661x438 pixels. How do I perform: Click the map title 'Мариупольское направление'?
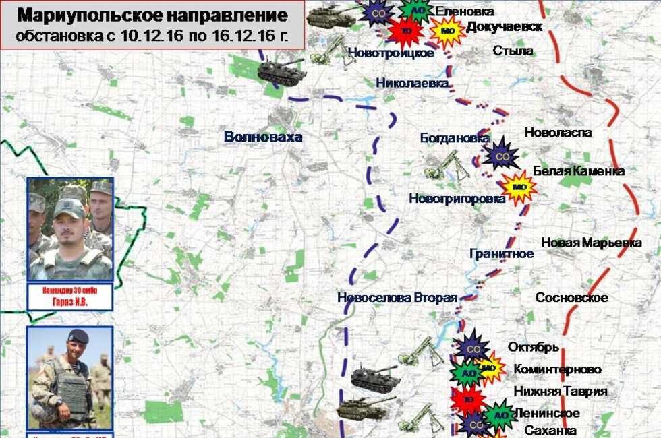pyautogui.click(x=152, y=15)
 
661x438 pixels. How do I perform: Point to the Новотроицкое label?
pyautogui.click(x=391, y=53)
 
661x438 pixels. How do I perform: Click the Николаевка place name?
pyautogui.click(x=412, y=83)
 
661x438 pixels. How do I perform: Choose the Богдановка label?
pyautogui.click(x=454, y=137)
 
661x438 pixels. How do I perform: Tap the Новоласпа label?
pyautogui.click(x=558, y=133)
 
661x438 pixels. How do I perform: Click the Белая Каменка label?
pyautogui.click(x=578, y=170)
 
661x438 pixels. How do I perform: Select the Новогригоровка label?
pyautogui.click(x=457, y=198)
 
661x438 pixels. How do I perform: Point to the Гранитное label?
pyautogui.click(x=501, y=253)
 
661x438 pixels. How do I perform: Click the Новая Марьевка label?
pyautogui.click(x=592, y=243)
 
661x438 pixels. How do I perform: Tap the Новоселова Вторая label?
pyautogui.click(x=397, y=297)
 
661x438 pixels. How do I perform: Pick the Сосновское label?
pyautogui.click(x=571, y=297)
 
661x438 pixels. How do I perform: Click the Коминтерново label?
pyautogui.click(x=557, y=369)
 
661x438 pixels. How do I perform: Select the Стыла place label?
pyautogui.click(x=513, y=51)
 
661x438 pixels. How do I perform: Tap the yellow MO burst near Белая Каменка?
pyautogui.click(x=519, y=187)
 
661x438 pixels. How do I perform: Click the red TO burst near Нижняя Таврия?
pyautogui.click(x=467, y=399)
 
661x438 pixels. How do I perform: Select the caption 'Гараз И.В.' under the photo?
pyautogui.click(x=69, y=303)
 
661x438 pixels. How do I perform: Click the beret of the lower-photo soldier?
pyautogui.click(x=77, y=336)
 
